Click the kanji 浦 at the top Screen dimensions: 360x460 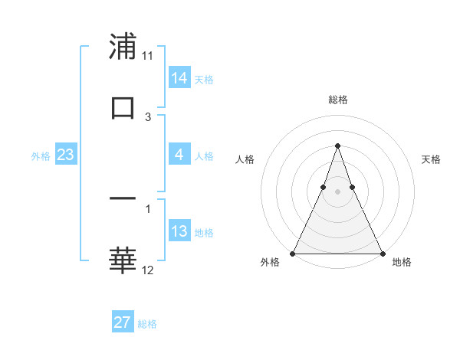[x=123, y=47]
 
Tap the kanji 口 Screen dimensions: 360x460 [x=123, y=107]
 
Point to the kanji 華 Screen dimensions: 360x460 [x=123, y=260]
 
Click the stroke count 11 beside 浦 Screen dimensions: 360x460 [x=148, y=56]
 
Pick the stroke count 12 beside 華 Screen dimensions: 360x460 [x=148, y=270]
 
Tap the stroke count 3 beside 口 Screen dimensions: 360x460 [x=148, y=116]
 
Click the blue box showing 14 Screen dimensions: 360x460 [x=179, y=78]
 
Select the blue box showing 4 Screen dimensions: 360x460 [x=179, y=155]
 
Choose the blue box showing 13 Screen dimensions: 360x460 [x=179, y=231]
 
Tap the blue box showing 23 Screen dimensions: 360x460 [x=66, y=155]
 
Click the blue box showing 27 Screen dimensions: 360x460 [x=123, y=322]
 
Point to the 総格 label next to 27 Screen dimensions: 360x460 [x=148, y=324]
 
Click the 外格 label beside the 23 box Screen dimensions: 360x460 [x=41, y=156]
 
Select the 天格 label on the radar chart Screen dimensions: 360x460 [x=432, y=159]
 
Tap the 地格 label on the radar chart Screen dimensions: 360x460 [x=402, y=263]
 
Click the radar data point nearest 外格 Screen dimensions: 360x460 [x=293, y=254]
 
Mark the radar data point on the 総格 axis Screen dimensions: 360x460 [x=337, y=146]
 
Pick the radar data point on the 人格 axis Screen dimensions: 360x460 [x=323, y=187]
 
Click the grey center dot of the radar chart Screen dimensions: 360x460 [x=337, y=191]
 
